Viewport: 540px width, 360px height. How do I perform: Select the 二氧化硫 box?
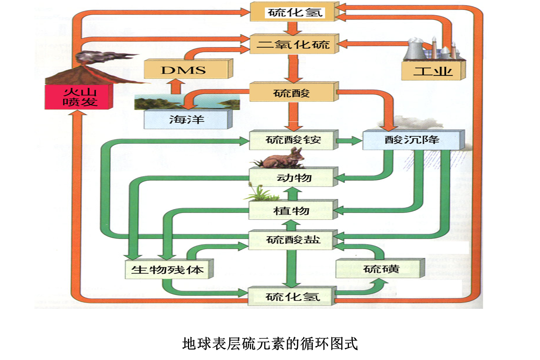tap(293, 45)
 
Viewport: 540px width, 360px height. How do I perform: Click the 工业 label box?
tap(433, 71)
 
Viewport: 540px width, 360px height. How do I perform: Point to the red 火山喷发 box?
tap(79, 97)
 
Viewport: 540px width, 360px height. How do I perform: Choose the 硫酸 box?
tap(293, 93)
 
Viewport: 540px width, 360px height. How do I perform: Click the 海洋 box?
tap(187, 119)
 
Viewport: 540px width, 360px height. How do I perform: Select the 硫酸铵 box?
tap(293, 140)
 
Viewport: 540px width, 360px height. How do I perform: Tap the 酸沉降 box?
tap(412, 140)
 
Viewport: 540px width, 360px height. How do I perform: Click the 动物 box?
tap(293, 177)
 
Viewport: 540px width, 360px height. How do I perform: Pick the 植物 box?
tap(292, 210)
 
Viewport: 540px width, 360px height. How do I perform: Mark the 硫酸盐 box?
tap(293, 240)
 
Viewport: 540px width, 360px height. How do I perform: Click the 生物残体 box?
tap(168, 269)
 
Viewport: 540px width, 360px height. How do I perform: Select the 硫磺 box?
tap(380, 269)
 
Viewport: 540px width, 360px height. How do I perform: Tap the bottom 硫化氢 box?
tap(291, 296)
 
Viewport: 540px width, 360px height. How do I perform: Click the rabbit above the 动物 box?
tap(284, 159)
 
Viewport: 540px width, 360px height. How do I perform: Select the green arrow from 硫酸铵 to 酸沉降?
tap(350, 141)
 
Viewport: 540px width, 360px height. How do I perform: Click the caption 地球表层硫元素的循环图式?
tap(270, 344)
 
